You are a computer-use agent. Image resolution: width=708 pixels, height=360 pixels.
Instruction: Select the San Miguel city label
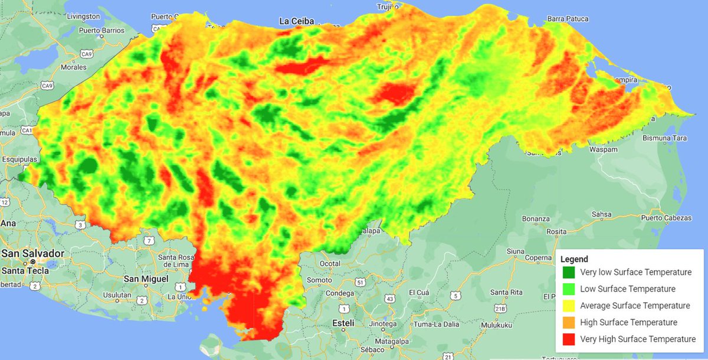pyautogui.click(x=146, y=279)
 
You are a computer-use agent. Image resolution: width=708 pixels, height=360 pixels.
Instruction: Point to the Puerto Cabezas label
pyautogui.click(x=666, y=218)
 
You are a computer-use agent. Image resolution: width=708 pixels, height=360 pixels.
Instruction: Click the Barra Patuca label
pyautogui.click(x=568, y=19)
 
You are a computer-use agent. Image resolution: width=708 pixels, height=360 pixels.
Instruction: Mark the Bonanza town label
pyautogui.click(x=536, y=219)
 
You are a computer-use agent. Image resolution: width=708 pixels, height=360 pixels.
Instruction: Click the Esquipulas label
pyautogui.click(x=19, y=159)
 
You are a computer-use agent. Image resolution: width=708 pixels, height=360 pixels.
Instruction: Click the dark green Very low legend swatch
pyautogui.click(x=568, y=273)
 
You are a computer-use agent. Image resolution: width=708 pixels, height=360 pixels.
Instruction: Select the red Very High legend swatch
pyautogui.click(x=568, y=339)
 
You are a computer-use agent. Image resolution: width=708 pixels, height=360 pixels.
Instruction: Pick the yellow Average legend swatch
pyautogui.click(x=568, y=306)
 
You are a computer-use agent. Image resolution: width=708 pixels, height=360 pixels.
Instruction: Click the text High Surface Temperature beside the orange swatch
pyautogui.click(x=628, y=323)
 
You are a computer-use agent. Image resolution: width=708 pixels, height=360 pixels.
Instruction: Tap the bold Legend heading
pyautogui.click(x=574, y=259)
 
